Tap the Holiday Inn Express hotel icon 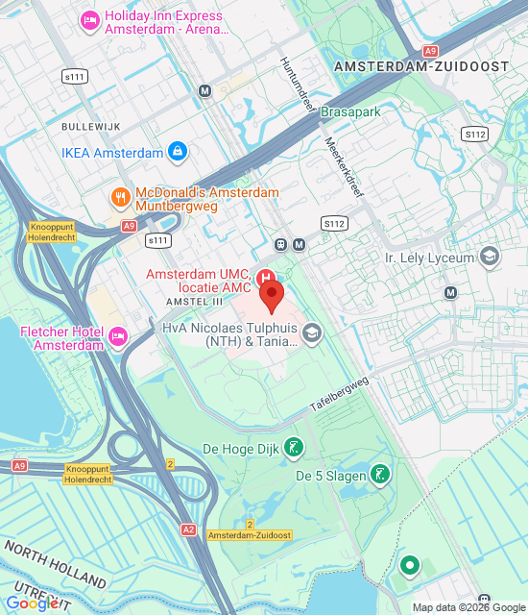(89, 19)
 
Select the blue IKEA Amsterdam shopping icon (177, 152)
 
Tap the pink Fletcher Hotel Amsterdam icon (118, 336)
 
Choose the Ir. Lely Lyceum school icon (490, 257)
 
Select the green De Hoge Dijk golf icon (295, 447)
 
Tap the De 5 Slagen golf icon (381, 474)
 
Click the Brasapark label (351, 112)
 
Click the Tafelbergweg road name (339, 395)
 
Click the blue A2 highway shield (188, 529)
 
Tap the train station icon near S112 (281, 244)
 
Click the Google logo (32, 603)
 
